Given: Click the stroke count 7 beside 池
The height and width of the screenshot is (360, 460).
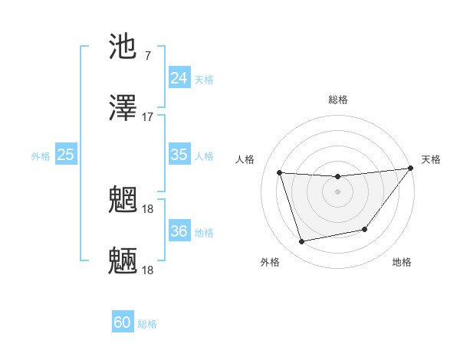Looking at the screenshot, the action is [147, 56].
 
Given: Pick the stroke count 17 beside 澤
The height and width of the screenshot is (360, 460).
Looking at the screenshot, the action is [148, 117].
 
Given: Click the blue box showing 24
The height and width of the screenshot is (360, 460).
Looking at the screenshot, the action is [179, 78].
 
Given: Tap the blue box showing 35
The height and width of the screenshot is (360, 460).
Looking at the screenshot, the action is [179, 155].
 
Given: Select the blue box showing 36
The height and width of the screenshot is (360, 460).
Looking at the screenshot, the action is [179, 231].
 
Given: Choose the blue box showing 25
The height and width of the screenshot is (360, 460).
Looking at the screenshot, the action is [65, 155].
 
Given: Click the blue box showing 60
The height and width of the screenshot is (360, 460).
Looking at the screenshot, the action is [122, 322].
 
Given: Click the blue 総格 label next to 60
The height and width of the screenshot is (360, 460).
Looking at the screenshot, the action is [147, 324].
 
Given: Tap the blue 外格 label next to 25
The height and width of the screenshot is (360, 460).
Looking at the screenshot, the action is [41, 156].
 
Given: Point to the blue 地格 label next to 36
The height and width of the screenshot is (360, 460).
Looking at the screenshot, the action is [204, 233].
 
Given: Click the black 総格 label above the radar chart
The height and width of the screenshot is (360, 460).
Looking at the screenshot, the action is [337, 100].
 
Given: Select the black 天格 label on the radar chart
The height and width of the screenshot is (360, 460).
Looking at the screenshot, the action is [431, 159].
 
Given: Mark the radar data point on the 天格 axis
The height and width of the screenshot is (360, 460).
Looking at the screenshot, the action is [410, 169].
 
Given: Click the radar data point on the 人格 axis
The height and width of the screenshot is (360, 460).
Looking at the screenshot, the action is [280, 173].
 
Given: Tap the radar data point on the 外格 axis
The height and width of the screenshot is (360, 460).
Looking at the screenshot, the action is [301, 242].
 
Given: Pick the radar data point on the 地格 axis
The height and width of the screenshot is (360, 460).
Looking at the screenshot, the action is [365, 229].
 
